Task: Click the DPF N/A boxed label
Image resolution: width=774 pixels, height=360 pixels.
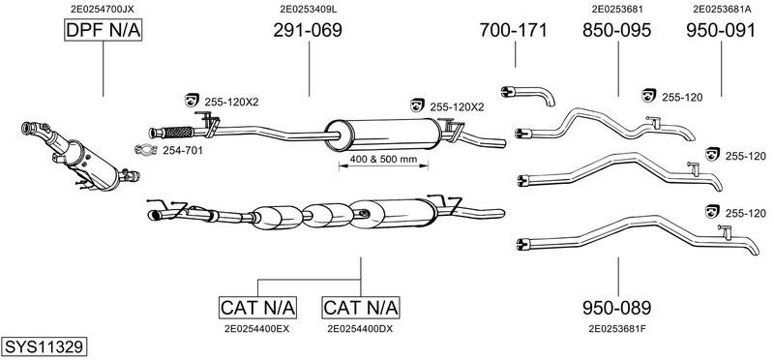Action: pyautogui.click(x=104, y=31)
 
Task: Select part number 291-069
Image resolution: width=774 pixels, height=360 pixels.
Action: pyautogui.click(x=308, y=31)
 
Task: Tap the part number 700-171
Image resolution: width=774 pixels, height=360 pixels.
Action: pyautogui.click(x=514, y=31)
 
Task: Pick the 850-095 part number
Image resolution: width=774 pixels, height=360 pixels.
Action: pyautogui.click(x=617, y=31)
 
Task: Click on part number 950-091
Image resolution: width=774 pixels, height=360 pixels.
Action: pyautogui.click(x=721, y=31)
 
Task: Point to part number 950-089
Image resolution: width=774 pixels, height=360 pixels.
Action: pyautogui.click(x=617, y=308)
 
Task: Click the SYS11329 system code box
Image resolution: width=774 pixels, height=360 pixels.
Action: pyautogui.click(x=44, y=346)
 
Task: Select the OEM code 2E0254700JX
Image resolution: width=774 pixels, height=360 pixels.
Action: pyautogui.click(x=103, y=9)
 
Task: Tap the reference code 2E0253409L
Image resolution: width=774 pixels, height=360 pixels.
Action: pyautogui.click(x=309, y=9)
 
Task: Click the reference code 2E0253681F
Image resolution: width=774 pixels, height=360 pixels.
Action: pyautogui.click(x=617, y=328)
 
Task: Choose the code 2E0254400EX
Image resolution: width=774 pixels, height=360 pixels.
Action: pyautogui.click(x=256, y=328)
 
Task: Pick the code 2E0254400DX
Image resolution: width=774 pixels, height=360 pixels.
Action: pyautogui.click(x=360, y=328)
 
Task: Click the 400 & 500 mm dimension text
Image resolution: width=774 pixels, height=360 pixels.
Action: pyautogui.click(x=383, y=160)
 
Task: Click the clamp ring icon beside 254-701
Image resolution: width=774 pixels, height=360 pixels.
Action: pyautogui.click(x=146, y=149)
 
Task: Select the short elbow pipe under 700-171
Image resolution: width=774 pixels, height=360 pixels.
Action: pyautogui.click(x=528, y=94)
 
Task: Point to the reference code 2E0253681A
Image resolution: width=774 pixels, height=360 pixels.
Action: pyautogui.click(x=722, y=9)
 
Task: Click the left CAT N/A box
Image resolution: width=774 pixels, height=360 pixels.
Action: pyautogui.click(x=257, y=308)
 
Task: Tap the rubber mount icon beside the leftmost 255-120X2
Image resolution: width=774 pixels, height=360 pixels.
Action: pyautogui.click(x=191, y=100)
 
